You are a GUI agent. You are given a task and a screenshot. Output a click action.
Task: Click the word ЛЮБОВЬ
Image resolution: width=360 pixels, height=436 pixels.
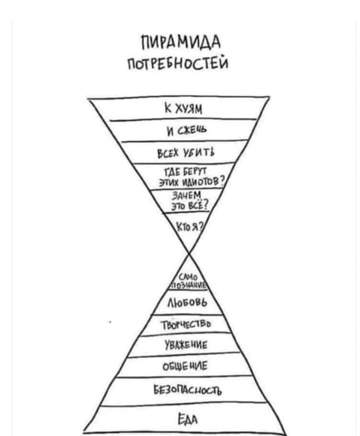click(187, 303)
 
